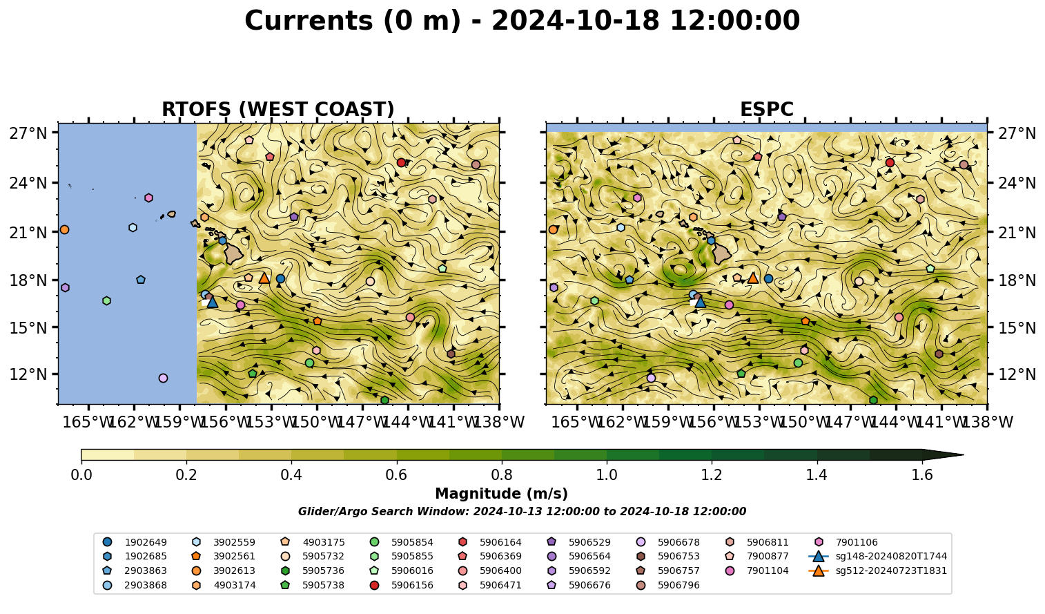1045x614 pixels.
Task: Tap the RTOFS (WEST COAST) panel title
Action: tap(278, 109)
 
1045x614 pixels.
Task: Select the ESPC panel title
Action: tap(766, 109)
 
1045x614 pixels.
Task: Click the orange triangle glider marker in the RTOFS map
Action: tap(264, 278)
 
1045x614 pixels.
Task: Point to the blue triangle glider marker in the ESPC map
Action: tap(701, 302)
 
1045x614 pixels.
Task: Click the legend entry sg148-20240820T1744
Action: tap(877, 556)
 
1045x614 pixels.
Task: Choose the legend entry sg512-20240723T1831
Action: tap(877, 570)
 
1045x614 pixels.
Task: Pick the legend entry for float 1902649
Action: tap(135, 542)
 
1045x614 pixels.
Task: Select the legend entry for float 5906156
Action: tap(401, 585)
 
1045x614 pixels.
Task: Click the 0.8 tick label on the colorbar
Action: tap(502, 475)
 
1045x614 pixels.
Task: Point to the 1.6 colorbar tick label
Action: tap(922, 475)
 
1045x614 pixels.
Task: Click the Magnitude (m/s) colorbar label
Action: tap(502, 494)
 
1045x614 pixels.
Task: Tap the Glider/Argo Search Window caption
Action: tap(522, 511)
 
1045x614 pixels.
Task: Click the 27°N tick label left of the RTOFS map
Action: tap(28, 133)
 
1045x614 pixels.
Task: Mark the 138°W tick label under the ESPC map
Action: tap(987, 422)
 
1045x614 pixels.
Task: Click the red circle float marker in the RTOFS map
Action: tap(401, 162)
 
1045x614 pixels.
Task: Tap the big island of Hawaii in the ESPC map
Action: tap(722, 254)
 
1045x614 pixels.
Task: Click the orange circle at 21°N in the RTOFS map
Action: tap(64, 230)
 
